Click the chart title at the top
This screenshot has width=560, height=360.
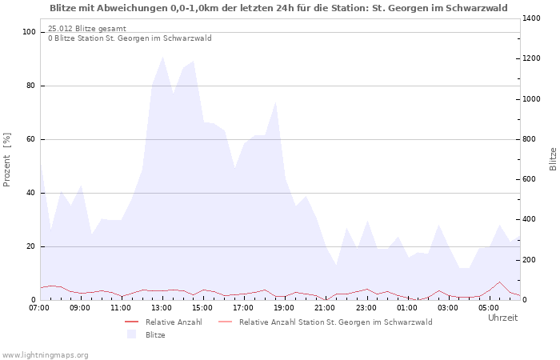(x=278, y=8)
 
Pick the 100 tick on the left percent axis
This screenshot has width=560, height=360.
(x=30, y=32)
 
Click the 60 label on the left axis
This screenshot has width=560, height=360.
(x=31, y=139)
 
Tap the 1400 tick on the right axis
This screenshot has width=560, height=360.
(x=532, y=18)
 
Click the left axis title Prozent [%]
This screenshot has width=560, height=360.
(x=7, y=160)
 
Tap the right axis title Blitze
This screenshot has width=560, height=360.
(x=553, y=158)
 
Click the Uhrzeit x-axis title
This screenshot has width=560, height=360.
(x=502, y=318)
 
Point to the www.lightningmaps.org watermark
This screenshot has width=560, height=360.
(x=45, y=354)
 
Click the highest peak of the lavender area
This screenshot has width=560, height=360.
(x=163, y=57)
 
